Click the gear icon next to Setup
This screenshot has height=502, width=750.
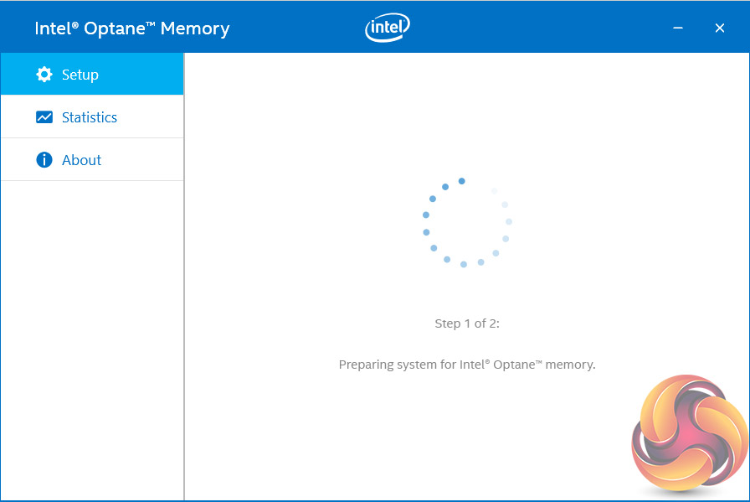click(44, 75)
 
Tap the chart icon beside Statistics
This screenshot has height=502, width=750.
click(44, 117)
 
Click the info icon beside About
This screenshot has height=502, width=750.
click(44, 160)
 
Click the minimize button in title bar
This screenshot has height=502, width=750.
click(677, 28)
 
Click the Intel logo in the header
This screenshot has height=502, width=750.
click(388, 28)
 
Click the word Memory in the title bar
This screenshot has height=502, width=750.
click(195, 28)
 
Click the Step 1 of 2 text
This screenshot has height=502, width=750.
click(467, 323)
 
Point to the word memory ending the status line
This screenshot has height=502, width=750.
click(571, 365)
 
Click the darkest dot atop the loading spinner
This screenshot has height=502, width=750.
click(461, 181)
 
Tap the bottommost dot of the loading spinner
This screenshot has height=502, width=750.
click(464, 264)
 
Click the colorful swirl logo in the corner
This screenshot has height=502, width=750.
click(689, 434)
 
